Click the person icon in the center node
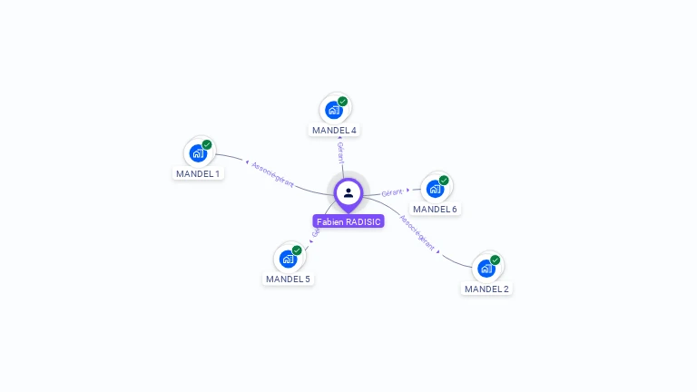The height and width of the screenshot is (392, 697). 348,192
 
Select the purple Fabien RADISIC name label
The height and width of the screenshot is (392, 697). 348,221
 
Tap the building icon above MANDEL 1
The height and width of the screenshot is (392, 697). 198,153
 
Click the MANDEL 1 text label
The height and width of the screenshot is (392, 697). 198,173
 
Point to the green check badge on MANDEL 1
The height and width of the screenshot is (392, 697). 207,144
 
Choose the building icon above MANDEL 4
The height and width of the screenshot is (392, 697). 334,110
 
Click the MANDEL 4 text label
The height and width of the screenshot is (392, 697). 334,130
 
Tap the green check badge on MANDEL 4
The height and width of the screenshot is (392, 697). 343,101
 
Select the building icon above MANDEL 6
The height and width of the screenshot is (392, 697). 435,189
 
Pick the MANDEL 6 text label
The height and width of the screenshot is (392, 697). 435,209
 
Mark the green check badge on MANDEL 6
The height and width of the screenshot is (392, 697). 444,180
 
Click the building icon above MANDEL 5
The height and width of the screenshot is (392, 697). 288,259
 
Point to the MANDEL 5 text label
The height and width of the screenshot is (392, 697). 288,279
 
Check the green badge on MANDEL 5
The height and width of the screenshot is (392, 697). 297,250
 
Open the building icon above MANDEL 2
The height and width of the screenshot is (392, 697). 486,269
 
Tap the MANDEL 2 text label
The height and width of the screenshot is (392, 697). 486,289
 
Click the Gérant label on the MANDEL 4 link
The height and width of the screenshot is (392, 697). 340,151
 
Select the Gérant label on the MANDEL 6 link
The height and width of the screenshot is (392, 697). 392,192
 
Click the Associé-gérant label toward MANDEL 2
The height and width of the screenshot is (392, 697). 417,233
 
